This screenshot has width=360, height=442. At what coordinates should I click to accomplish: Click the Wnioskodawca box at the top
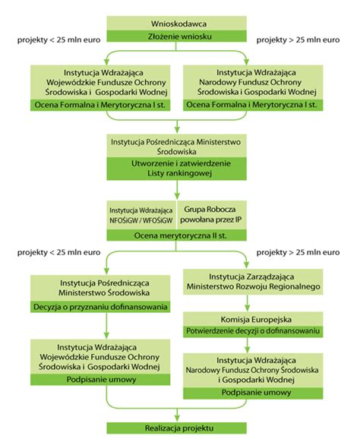click(x=179, y=22)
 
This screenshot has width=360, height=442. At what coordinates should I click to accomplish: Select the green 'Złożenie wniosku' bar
click(x=179, y=36)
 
